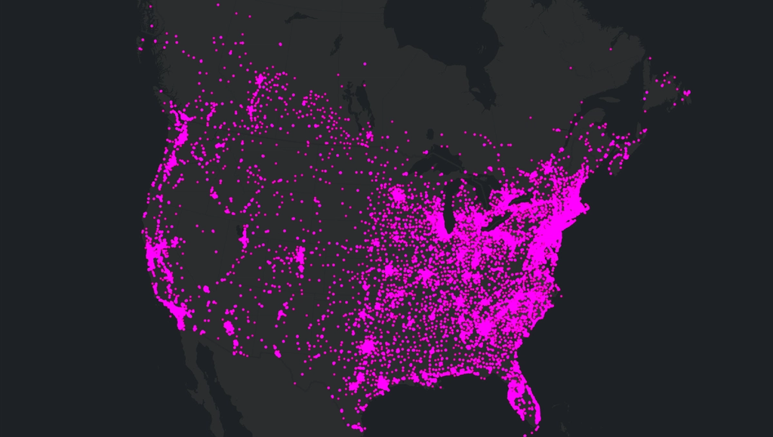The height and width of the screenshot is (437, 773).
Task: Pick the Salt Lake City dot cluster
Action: coord(244,240)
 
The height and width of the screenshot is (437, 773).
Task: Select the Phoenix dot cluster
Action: coord(229,328)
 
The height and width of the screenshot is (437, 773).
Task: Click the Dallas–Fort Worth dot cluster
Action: coord(368,346)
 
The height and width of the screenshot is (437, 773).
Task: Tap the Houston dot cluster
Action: coord(382,384)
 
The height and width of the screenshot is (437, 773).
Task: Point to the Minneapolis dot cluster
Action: coord(397,198)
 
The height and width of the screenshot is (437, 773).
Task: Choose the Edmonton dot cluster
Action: coord(262,81)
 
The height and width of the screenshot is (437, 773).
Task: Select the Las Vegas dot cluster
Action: coord(206,289)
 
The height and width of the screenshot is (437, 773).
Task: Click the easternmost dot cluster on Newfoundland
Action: coord(687,93)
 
